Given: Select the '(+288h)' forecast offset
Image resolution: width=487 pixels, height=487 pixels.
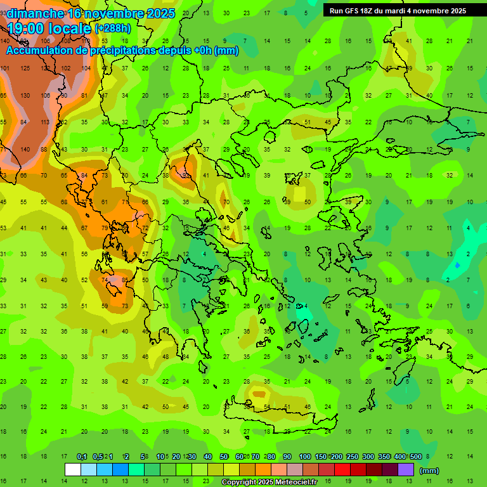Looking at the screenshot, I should [x=114, y=28].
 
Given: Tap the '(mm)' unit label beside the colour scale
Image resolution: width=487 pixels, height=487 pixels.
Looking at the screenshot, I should [x=429, y=471].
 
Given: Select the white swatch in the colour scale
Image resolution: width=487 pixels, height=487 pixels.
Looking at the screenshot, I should [x=72, y=470].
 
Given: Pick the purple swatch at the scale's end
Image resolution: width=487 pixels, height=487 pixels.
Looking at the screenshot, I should [x=405, y=470].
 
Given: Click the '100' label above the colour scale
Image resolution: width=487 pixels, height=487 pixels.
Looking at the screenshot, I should [x=304, y=457].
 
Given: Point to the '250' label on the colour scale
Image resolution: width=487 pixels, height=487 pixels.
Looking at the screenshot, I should [x=352, y=457].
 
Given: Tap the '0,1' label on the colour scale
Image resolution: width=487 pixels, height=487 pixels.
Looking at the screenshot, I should [x=82, y=457].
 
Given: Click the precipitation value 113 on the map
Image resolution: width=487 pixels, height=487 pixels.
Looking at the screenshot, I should [x=44, y=122].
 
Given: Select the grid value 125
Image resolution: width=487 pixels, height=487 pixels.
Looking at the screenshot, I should [x=25, y=68].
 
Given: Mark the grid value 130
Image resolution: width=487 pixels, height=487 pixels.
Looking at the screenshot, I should [x=25, y=95].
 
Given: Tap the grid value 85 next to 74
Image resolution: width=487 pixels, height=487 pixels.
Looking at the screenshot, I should [x=125, y=280].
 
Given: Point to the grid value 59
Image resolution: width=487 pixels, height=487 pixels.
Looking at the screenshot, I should [x=105, y=306].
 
